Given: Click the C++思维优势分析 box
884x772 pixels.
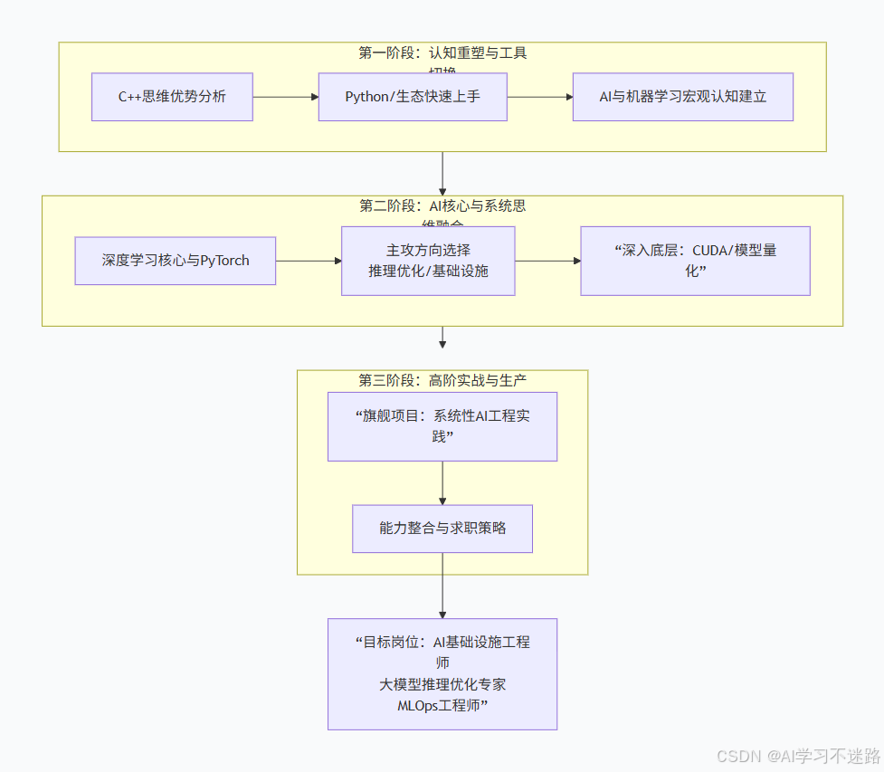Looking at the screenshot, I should [172, 97].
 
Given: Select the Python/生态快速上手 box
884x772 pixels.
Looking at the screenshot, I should [413, 97].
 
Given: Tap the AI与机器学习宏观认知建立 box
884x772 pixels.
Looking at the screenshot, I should [683, 97].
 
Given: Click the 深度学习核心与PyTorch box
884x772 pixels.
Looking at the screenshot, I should [176, 261].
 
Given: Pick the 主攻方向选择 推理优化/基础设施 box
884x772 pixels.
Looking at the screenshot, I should [428, 261].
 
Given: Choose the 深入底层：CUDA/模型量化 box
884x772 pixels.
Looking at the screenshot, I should [695, 261].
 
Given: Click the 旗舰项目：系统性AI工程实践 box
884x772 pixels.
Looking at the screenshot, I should [442, 426].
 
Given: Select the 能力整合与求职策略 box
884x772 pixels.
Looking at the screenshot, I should [442, 529].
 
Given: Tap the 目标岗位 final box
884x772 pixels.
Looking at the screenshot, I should [442, 673].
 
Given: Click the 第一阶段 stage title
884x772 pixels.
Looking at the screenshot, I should [442, 53].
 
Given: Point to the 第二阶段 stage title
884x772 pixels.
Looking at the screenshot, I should [442, 206].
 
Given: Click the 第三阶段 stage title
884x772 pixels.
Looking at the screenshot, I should [442, 381].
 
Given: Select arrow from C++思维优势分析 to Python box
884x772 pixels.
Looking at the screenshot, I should [285, 97].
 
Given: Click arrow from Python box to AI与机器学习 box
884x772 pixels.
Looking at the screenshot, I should [539, 97].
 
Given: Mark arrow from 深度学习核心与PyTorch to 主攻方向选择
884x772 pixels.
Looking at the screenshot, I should [308, 261].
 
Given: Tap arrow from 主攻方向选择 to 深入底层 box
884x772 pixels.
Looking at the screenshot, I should [547, 261].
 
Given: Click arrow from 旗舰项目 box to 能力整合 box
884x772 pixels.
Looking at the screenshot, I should [442, 483].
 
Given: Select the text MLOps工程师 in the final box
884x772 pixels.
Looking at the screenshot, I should [442, 706].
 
